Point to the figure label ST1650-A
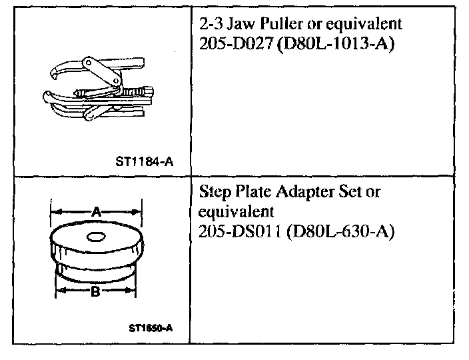point(151,327)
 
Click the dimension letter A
point(96,212)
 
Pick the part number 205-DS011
point(234,232)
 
